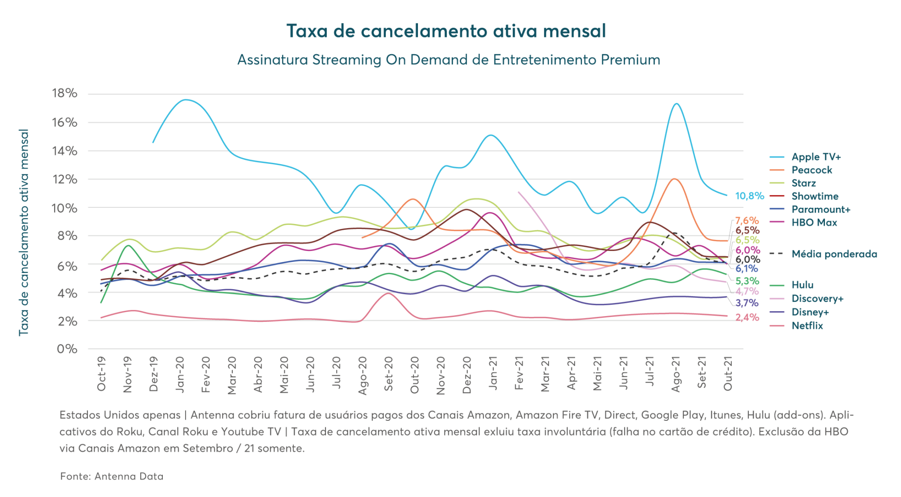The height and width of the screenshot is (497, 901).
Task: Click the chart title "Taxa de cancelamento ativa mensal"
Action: pos(446,31)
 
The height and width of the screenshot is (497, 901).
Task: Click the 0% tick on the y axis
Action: pos(67,349)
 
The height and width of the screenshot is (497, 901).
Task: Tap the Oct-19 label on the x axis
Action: pos(102,374)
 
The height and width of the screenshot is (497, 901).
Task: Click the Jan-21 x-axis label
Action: pos(493,374)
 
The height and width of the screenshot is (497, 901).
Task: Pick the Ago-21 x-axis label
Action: pos(676,375)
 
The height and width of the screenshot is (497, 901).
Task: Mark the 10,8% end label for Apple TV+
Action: pos(749,196)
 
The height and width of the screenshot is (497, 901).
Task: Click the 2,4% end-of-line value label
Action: pos(747,317)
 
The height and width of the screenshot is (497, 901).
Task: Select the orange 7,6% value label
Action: pos(747,220)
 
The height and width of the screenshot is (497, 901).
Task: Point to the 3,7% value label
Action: pos(747,303)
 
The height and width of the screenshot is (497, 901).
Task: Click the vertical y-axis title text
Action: pos(24,232)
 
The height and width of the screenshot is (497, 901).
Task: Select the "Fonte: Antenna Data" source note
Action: pos(112,476)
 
